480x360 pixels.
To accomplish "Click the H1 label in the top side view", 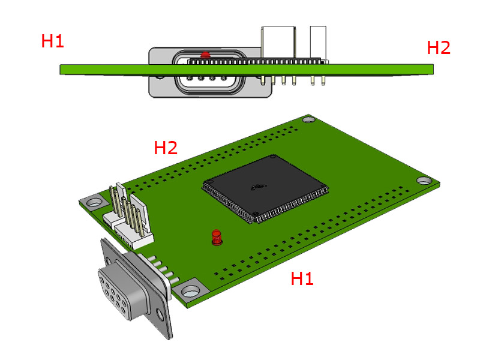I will click(52, 41).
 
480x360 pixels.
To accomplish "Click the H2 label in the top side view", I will click(438, 47).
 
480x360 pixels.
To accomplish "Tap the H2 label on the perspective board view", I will click(166, 148).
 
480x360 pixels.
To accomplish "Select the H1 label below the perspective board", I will click(302, 278).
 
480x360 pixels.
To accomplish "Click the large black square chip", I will click(266, 187).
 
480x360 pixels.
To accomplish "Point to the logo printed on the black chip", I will click(259, 188).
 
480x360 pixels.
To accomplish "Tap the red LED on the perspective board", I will click(216, 238).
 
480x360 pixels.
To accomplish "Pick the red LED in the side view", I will click(205, 55).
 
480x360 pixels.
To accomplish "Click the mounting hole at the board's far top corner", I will click(308, 120).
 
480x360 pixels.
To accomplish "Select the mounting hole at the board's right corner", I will click(424, 180).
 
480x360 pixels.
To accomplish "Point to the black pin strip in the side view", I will click(258, 60).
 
